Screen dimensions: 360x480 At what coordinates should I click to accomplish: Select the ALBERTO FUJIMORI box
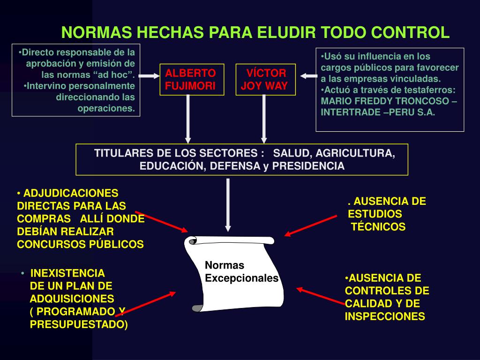click(x=190, y=80)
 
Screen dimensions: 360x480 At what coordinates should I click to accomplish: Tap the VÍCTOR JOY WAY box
click(x=266, y=80)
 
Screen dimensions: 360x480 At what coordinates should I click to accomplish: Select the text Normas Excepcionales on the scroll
click(x=241, y=272)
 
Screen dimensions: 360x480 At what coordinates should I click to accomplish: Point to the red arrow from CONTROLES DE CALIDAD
click(x=321, y=297)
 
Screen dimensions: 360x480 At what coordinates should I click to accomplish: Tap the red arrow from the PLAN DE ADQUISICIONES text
click(x=145, y=304)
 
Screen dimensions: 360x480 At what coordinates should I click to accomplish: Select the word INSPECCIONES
click(x=385, y=316)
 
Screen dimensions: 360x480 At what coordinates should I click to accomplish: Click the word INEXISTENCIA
click(x=67, y=273)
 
